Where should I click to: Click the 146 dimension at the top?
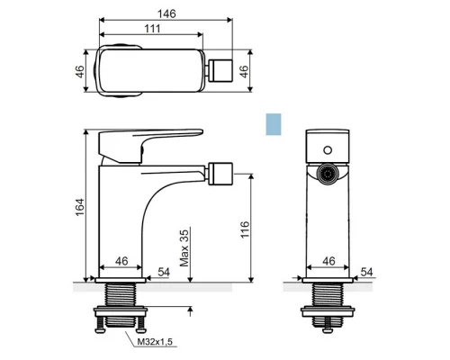(166, 13)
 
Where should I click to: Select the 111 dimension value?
(152, 29)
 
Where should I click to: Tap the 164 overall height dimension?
(80, 207)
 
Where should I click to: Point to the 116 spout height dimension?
(245, 229)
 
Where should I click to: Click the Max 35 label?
(184, 248)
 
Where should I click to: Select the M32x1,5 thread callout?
(155, 342)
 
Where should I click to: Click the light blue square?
(274, 124)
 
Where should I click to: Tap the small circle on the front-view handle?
(328, 150)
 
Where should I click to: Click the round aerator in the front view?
(328, 174)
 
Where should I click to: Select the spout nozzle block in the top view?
(220, 70)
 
